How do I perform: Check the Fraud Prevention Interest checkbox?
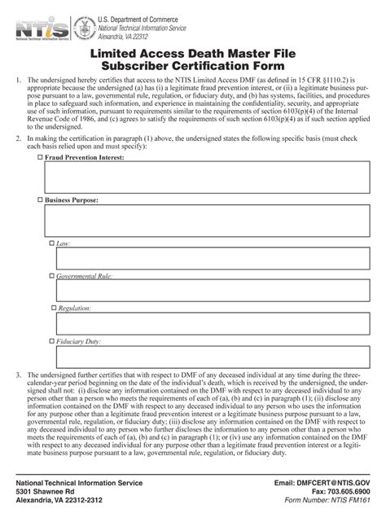(x=42, y=156)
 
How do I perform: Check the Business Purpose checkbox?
(x=42, y=199)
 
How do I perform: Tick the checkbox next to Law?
(x=53, y=243)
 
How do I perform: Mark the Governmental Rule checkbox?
(x=53, y=277)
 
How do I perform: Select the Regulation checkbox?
(x=53, y=309)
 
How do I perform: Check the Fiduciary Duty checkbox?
(x=53, y=342)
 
